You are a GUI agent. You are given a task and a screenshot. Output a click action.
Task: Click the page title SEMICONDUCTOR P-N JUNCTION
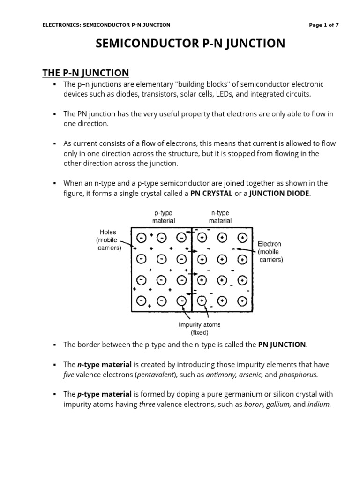pyautogui.click(x=190, y=44)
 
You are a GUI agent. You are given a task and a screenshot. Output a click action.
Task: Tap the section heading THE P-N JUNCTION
pyautogui.click(x=85, y=72)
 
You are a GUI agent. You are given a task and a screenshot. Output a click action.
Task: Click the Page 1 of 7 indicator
pyautogui.click(x=324, y=25)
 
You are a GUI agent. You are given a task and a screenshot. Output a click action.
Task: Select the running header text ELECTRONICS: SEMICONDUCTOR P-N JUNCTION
pyautogui.click(x=106, y=25)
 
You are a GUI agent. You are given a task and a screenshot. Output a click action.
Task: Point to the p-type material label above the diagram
pyautogui.click(x=164, y=217)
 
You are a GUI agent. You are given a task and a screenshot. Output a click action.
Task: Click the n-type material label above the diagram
pyautogui.click(x=220, y=217)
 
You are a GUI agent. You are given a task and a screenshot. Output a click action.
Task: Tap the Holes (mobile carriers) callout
pyautogui.click(x=108, y=240)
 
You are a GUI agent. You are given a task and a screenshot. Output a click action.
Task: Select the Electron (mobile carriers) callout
pyautogui.click(x=270, y=252)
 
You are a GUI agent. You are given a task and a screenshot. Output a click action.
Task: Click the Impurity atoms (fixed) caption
pyautogui.click(x=199, y=329)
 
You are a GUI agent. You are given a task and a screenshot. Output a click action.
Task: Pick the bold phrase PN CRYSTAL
pyautogui.click(x=211, y=194)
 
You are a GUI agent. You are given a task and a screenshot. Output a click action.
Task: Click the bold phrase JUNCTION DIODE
pyautogui.click(x=279, y=194)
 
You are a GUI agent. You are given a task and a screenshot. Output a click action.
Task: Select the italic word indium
pyautogui.click(x=319, y=405)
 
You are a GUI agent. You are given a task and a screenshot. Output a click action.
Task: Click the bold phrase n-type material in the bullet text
pyautogui.click(x=105, y=364)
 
